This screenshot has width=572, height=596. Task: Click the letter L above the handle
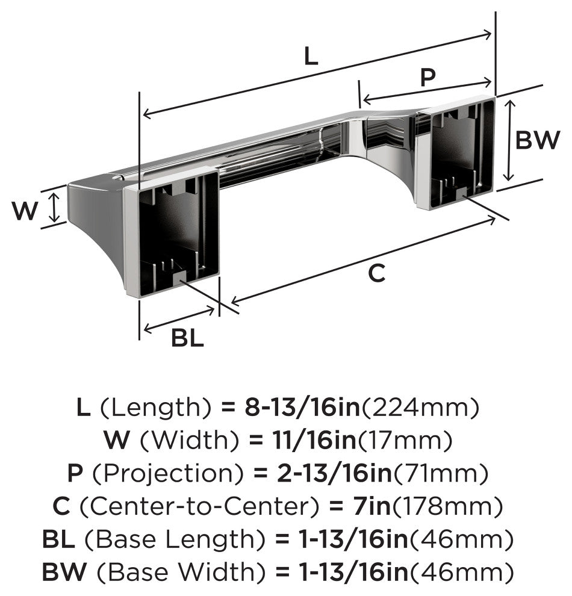(x=310, y=57)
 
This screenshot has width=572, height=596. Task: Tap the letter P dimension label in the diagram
(x=427, y=78)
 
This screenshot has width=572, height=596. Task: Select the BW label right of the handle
(x=538, y=141)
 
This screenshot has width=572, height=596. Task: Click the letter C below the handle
(x=376, y=273)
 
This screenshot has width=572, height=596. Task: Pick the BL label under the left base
(x=187, y=338)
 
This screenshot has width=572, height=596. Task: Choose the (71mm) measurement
(x=441, y=474)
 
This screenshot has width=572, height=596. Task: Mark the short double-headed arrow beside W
(x=55, y=206)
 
